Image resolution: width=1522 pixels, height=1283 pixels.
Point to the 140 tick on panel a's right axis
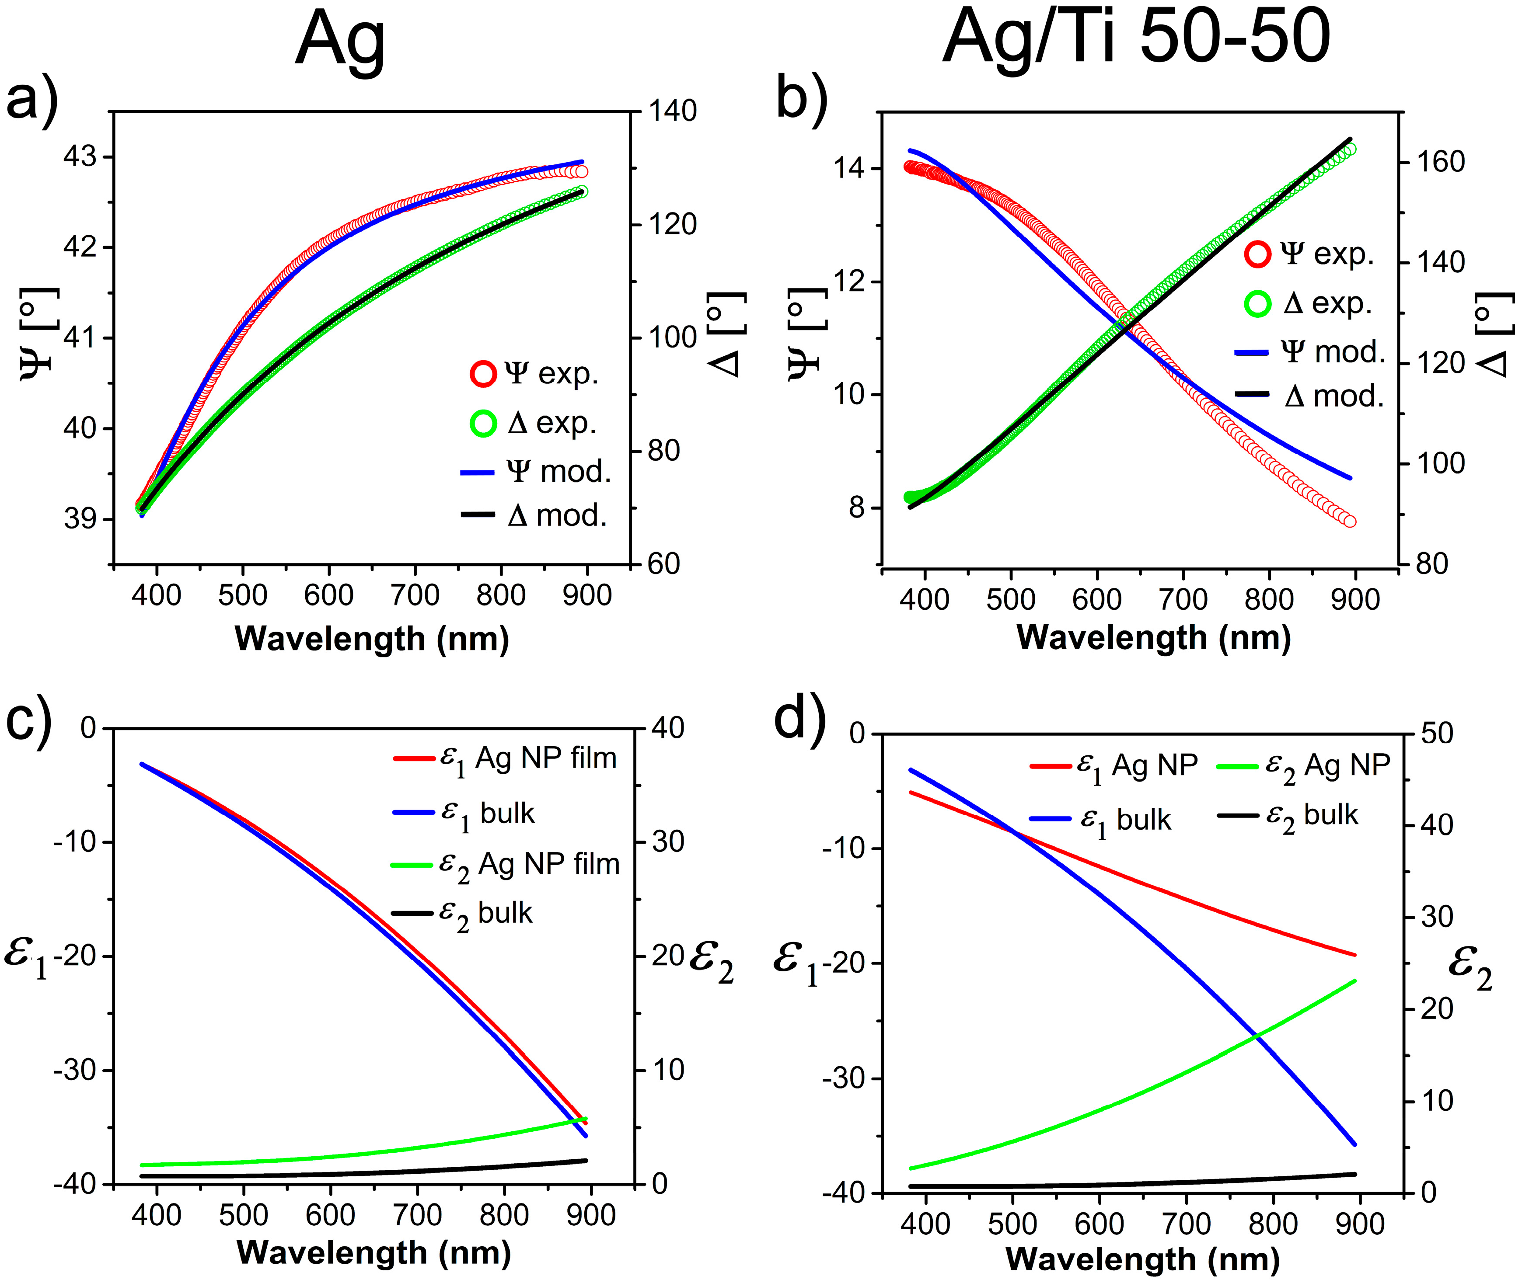pyautogui.click(x=673, y=111)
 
